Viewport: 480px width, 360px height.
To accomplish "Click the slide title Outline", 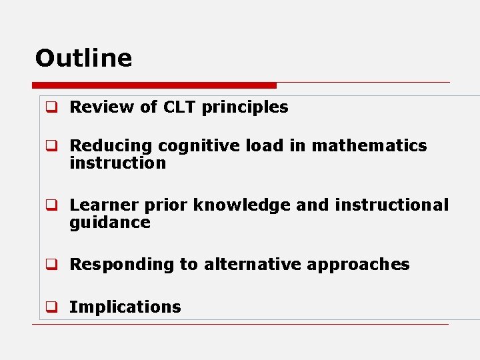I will coord(83,58).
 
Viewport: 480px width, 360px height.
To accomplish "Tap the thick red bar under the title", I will coord(154,85).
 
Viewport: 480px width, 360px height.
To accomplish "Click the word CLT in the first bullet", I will coord(179,107).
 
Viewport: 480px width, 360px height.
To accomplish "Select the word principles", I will coord(245,107).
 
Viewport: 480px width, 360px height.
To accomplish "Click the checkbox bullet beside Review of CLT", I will coord(50,107).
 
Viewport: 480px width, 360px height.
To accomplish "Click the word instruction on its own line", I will coord(117,163).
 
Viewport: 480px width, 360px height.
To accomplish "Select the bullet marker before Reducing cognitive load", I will coord(50,146).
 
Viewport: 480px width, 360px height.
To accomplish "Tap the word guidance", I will coord(109,223).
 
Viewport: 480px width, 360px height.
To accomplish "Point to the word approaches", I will coord(358,265).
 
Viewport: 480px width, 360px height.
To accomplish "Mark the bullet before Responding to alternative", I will coord(50,265).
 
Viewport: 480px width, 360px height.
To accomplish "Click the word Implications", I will coord(125,307).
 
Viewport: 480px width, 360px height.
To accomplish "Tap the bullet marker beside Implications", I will coord(50,307).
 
